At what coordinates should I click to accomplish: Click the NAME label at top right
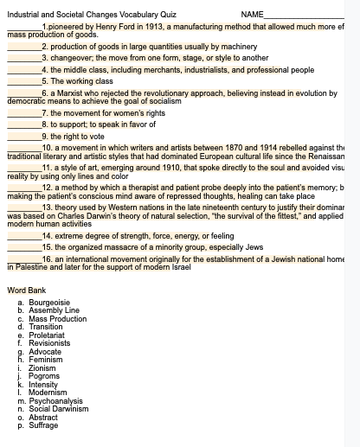[252, 15]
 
